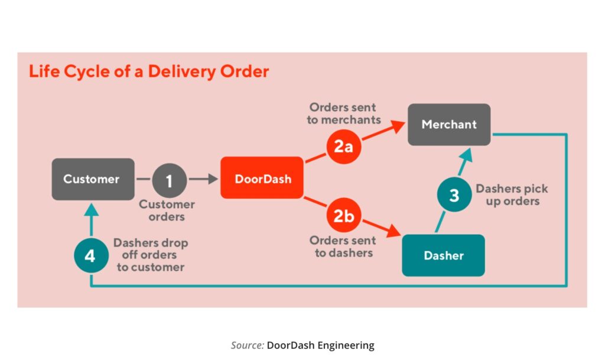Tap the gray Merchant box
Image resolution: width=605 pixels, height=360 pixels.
[449, 125]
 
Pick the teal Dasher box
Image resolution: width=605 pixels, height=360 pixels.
[443, 255]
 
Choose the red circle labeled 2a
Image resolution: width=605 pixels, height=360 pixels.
[343, 146]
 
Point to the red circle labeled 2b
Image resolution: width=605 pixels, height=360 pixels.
[343, 216]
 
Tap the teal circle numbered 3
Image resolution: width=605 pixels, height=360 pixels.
[454, 196]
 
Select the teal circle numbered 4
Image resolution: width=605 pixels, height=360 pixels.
[91, 256]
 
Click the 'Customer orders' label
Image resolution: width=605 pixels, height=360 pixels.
[167, 210]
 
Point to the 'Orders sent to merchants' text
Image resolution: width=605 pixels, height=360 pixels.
[344, 113]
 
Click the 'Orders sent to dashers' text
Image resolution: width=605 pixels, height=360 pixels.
[343, 247]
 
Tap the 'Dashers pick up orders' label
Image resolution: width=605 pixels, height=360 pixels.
[512, 195]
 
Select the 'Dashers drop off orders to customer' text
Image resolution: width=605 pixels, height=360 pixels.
[150, 255]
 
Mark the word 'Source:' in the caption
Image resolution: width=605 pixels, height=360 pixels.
[247, 345]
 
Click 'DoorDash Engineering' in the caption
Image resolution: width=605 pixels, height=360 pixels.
[320, 345]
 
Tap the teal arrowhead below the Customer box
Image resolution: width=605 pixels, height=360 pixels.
[91, 208]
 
